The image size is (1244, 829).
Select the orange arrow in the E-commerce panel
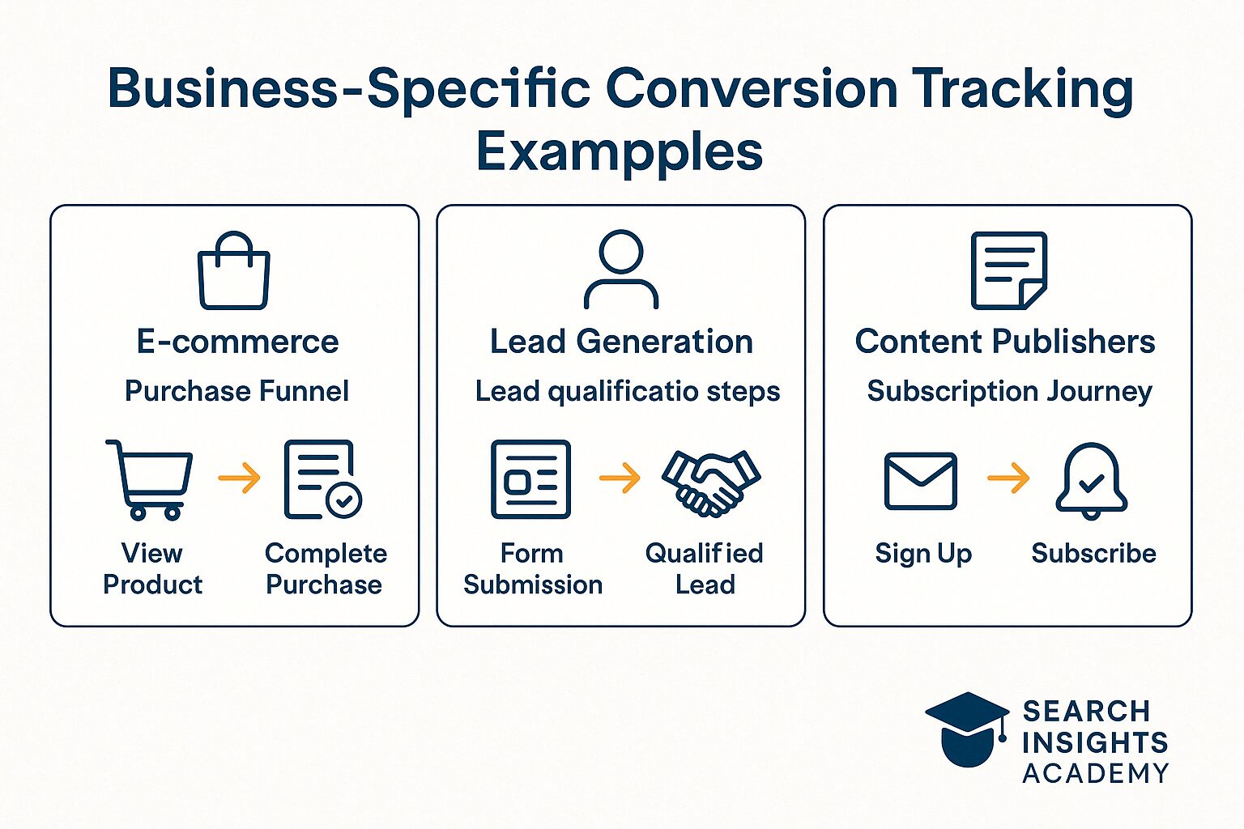(240, 478)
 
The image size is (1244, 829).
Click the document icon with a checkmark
(322, 479)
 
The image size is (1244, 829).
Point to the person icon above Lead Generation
(621, 270)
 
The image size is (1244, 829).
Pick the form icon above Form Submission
(531, 479)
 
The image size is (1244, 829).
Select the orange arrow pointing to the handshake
(620, 478)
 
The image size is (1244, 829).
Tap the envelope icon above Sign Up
(921, 481)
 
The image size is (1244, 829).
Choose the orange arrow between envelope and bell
(1008, 478)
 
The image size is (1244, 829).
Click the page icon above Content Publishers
(1008, 270)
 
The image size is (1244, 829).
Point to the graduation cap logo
(967, 728)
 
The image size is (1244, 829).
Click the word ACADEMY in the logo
(1095, 773)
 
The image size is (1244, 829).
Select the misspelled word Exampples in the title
(620, 152)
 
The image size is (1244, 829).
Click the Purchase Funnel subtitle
(236, 391)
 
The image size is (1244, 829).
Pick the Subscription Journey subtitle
(1009, 391)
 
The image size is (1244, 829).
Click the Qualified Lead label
(705, 568)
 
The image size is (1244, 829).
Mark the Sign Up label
(923, 554)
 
